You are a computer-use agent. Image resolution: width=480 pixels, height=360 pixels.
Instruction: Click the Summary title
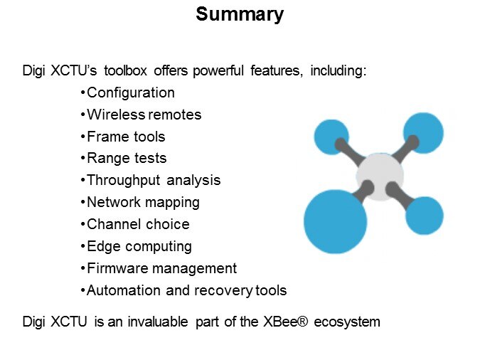pos(240,15)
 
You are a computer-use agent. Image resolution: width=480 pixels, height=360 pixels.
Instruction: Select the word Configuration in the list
pos(131,93)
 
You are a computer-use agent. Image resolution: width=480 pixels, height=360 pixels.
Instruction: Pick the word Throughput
pos(123,181)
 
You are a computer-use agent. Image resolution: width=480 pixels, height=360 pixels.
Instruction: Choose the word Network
pos(113,202)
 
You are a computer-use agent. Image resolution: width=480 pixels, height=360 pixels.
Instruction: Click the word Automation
pos(123,290)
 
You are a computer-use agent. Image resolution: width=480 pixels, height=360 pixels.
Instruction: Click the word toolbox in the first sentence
pos(125,70)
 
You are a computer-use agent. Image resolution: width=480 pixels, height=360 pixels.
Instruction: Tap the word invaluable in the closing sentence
pos(158,322)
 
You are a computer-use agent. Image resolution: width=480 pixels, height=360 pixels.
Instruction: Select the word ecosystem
pos(347,322)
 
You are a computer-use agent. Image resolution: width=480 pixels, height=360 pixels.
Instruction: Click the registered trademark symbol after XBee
pos(302,322)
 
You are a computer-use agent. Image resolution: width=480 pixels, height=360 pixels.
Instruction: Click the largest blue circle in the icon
pos(335,221)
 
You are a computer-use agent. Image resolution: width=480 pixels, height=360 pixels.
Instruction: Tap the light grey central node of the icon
pos(380,177)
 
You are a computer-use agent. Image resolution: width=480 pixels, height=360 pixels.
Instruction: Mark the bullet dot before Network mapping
pos(82,203)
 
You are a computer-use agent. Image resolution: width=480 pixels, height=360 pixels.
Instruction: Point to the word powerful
pos(218,70)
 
